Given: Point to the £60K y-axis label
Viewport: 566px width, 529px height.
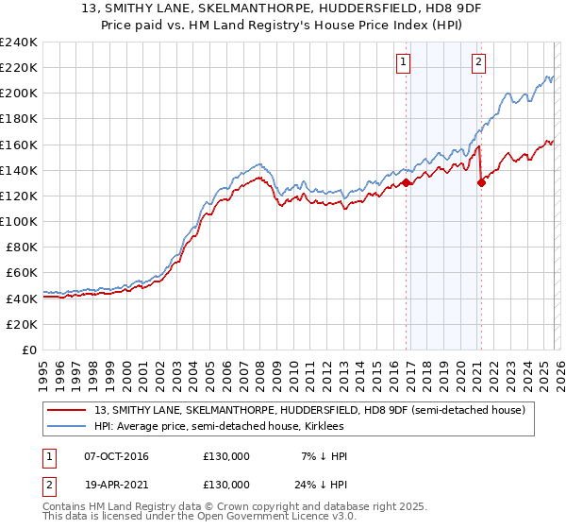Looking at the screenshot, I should coord(21,273).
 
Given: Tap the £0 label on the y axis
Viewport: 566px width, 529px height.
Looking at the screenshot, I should coord(28,350).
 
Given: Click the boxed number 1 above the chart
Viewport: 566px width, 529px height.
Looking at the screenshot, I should coord(403,62).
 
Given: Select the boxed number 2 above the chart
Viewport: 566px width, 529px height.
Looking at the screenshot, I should coord(478,62).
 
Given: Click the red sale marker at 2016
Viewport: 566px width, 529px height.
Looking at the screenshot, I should coord(407,183).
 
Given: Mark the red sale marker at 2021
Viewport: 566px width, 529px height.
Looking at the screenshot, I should coord(482,183).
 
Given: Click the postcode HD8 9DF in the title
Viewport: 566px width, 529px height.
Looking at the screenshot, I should coord(425,10).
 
